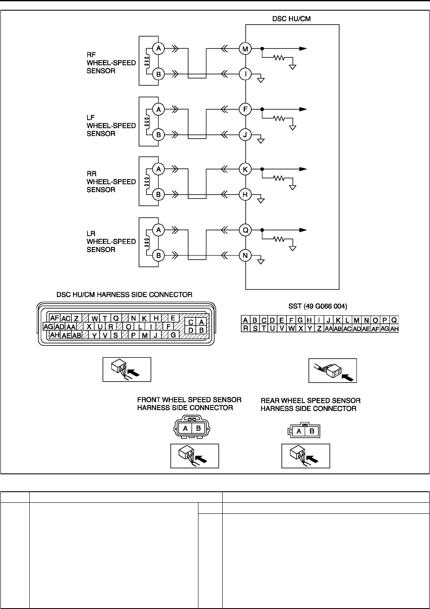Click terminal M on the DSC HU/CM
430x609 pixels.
[x=246, y=49]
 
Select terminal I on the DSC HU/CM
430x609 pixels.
[x=246, y=74]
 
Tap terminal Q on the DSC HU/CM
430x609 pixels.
[x=246, y=230]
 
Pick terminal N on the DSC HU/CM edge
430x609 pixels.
[x=246, y=255]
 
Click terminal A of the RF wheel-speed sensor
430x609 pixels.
[x=158, y=49]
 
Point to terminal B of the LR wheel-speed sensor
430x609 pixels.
[x=158, y=255]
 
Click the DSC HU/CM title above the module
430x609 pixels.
[x=291, y=19]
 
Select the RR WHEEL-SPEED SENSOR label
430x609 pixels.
[x=105, y=181]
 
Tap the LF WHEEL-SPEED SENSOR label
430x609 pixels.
[x=105, y=125]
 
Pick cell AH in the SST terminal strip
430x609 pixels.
[x=394, y=329]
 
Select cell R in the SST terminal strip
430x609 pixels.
[x=246, y=329]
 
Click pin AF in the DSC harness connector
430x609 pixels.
[x=54, y=318]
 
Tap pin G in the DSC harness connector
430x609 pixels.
[x=173, y=335]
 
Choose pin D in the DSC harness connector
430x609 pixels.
[x=191, y=330]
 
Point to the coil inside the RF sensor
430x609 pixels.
[x=146, y=62]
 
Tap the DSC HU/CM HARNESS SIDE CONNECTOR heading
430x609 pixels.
[x=124, y=295]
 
